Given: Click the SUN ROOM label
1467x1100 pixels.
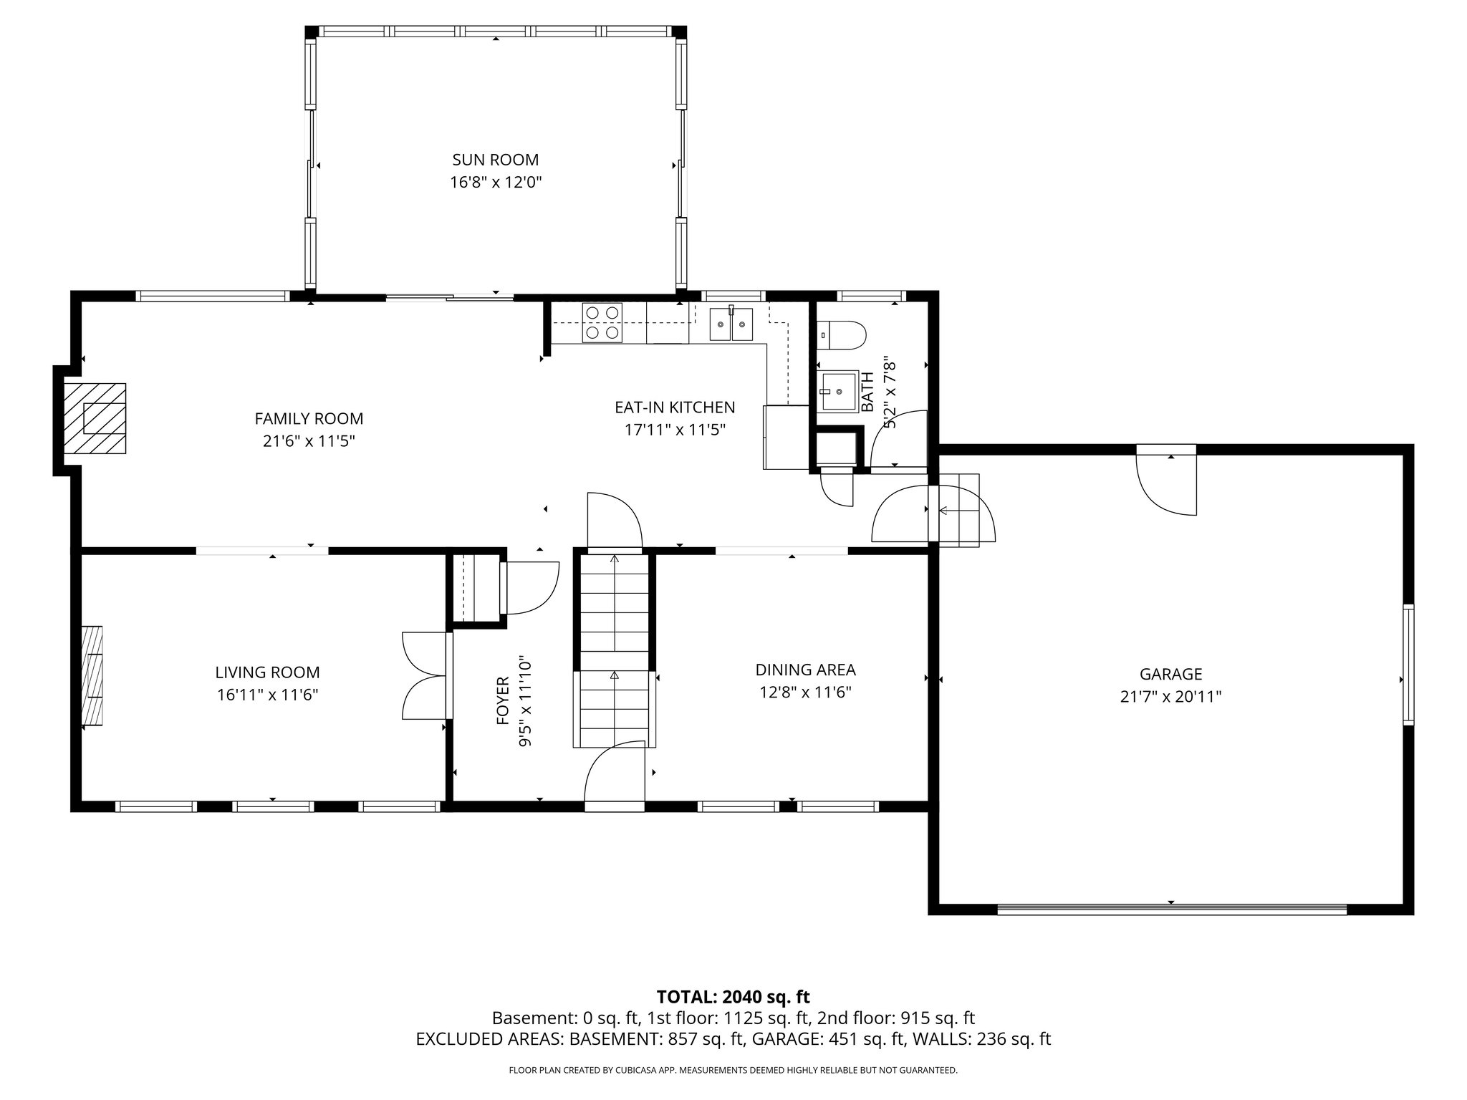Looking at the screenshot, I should pos(495,160).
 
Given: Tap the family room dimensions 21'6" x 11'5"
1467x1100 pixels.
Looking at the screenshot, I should pos(309,441).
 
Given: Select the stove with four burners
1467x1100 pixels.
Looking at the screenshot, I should pos(602,322).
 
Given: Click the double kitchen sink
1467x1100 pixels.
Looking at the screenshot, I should pos(731,324).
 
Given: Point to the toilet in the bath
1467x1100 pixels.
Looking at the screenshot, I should pos(842,334).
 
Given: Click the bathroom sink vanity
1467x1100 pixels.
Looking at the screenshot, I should pos(839,392).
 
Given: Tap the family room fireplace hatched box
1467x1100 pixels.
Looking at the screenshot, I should pos(95,419).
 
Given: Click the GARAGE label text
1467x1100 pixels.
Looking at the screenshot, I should pos(1170,674).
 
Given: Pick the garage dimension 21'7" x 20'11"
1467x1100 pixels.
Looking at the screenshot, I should pos(1170,697).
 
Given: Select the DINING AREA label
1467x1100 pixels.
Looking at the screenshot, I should pos(805,670).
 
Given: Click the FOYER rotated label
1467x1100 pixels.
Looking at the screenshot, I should pos(503,701).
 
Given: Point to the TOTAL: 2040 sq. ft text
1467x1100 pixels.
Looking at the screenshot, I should pos(733,997).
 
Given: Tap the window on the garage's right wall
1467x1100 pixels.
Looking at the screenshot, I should pos(1408,664).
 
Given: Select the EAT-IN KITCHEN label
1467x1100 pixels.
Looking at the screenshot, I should pos(675,407).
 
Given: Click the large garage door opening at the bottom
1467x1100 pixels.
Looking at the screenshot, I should pos(1171,910).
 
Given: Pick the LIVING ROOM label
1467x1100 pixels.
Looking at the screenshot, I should pos(267,672).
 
